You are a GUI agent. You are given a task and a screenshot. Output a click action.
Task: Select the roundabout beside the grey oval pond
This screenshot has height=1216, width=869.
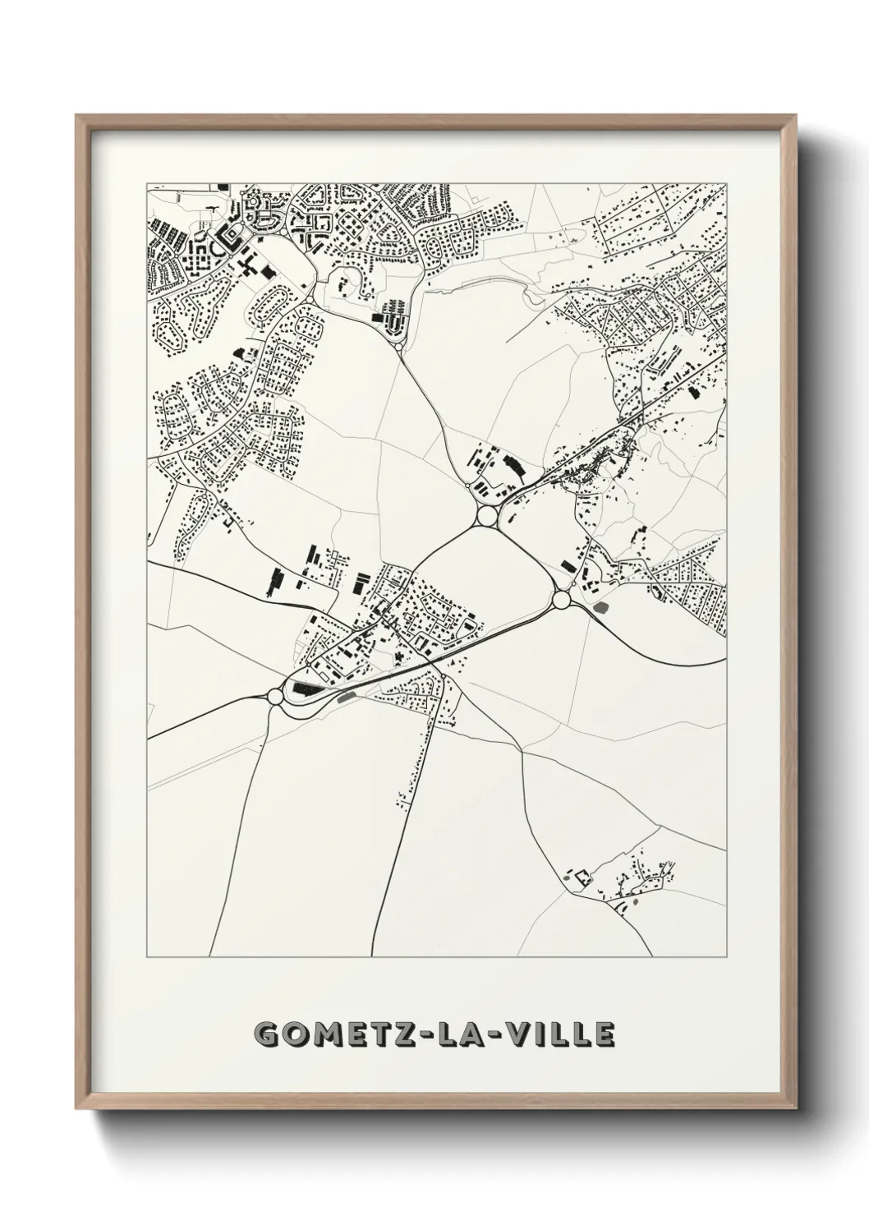pos(562,601)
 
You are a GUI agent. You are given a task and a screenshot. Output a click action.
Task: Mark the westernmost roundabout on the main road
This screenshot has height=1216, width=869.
pos(274,697)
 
